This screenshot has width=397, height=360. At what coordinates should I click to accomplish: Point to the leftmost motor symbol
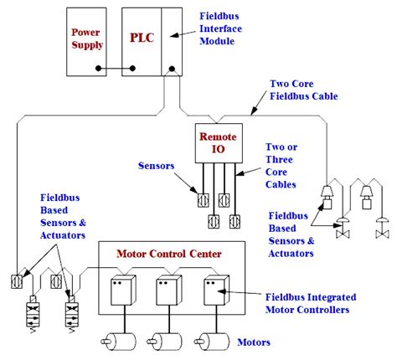point(119,341)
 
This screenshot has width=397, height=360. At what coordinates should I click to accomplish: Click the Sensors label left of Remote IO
point(156,165)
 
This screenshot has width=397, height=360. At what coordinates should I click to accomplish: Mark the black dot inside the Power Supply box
point(97,68)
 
